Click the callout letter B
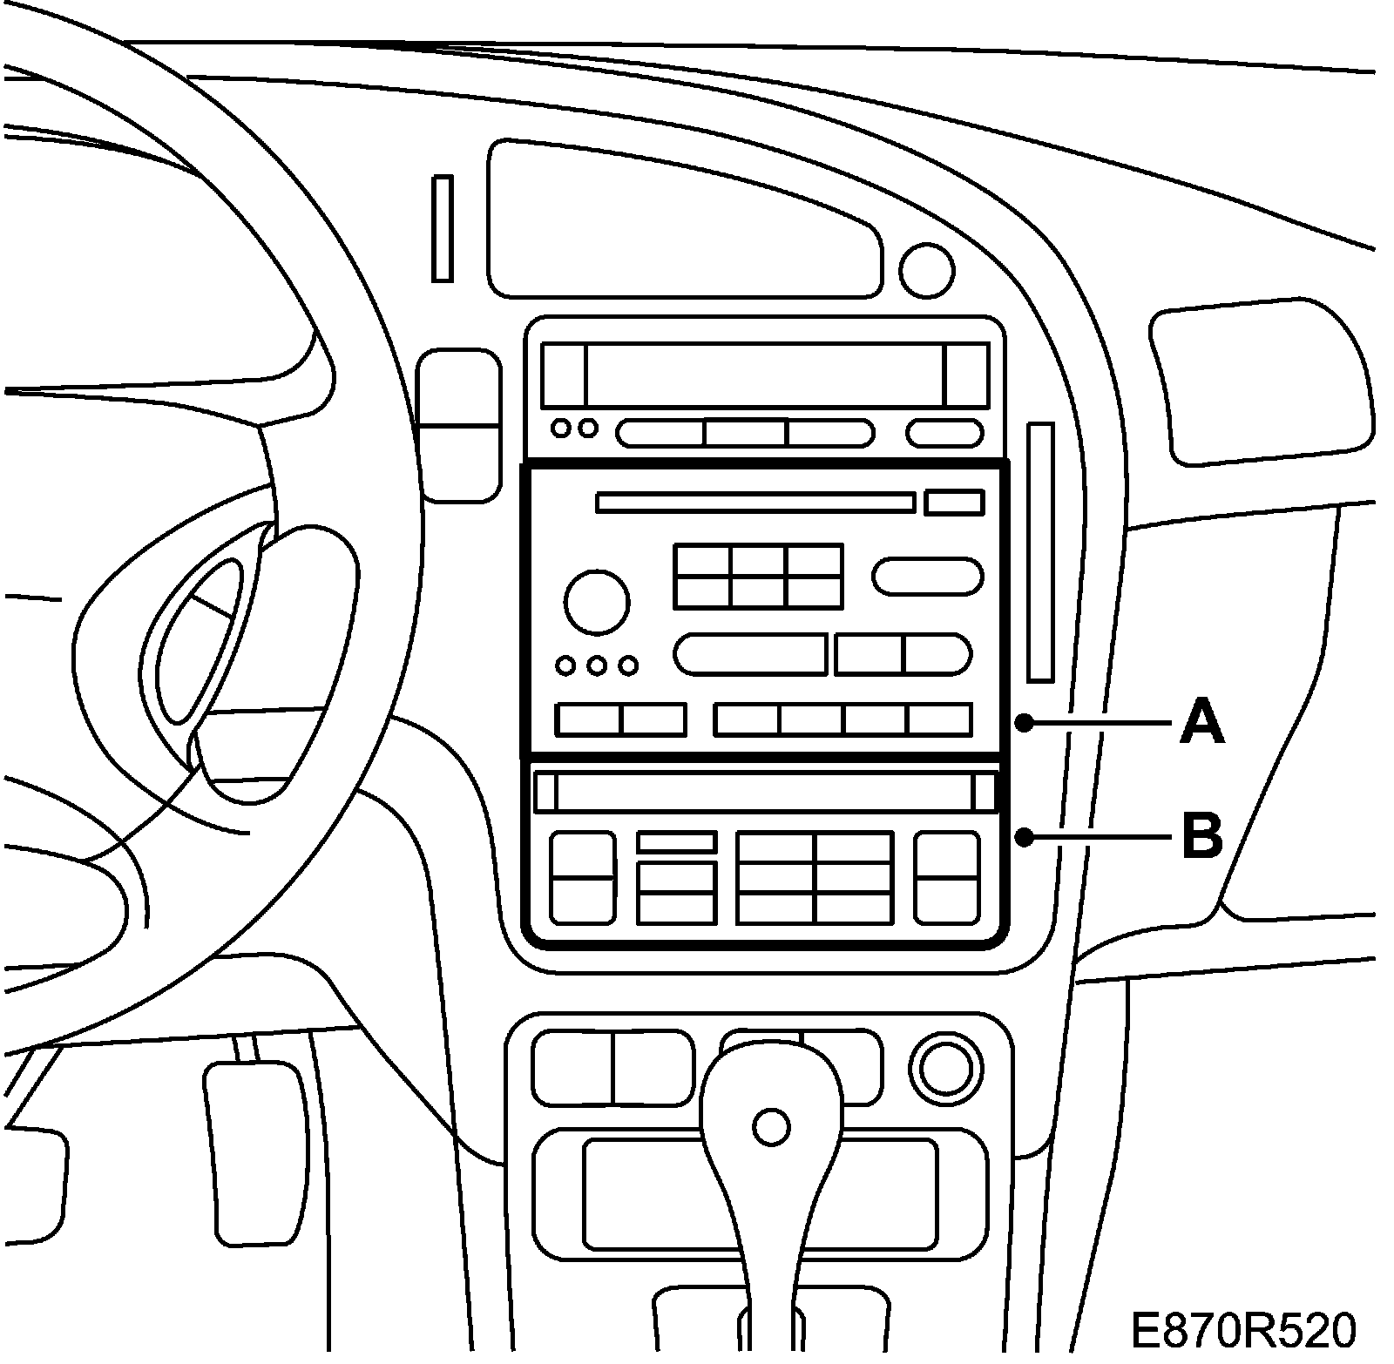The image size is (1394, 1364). coord(1201,836)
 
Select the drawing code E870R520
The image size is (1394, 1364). coord(1243,1333)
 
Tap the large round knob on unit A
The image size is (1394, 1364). coord(597,602)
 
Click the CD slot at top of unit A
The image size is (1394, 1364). coord(755,503)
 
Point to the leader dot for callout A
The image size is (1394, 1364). coord(1025,723)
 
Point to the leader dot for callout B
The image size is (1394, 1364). coord(1025,838)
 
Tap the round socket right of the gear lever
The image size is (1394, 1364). coord(944,1068)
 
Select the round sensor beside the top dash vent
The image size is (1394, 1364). coord(926,270)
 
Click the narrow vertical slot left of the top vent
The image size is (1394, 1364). coord(443,228)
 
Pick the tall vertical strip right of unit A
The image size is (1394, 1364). coord(1040,552)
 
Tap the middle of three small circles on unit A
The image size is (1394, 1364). coord(597,666)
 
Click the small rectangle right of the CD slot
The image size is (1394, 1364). coord(955,503)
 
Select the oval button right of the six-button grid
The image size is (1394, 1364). coord(927,577)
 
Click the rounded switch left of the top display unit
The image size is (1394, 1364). coord(458,425)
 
